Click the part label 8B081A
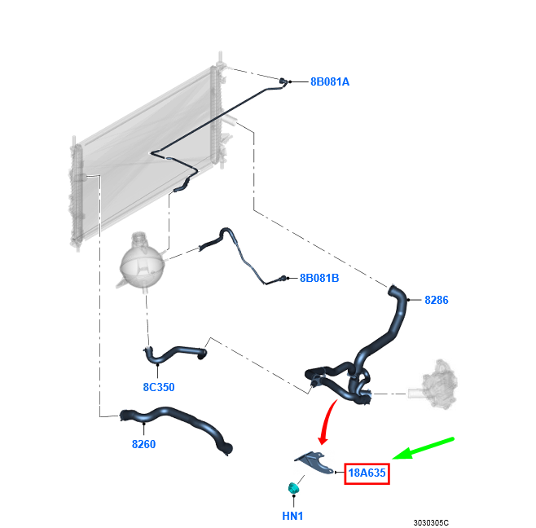(x=330, y=81)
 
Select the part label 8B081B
(x=319, y=278)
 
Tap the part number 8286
(x=436, y=300)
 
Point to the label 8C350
(x=159, y=387)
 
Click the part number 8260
(x=143, y=444)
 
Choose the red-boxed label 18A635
(x=367, y=473)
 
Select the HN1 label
(x=292, y=516)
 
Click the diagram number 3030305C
(x=431, y=523)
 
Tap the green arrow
(x=424, y=447)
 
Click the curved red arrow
(x=327, y=420)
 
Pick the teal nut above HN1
(x=293, y=488)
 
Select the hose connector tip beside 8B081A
(x=283, y=81)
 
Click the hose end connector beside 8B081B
(x=283, y=278)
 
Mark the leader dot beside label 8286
(x=408, y=300)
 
